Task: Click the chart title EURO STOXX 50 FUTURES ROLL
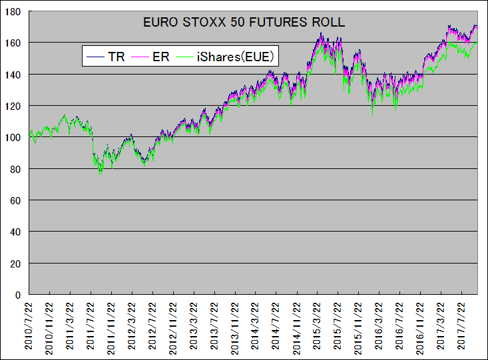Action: pos(244,22)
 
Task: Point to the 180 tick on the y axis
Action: pos(13,11)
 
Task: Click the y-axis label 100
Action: pos(13,137)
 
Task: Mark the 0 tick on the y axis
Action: pos(18,294)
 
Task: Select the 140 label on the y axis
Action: pos(13,75)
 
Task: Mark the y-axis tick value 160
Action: pos(13,43)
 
